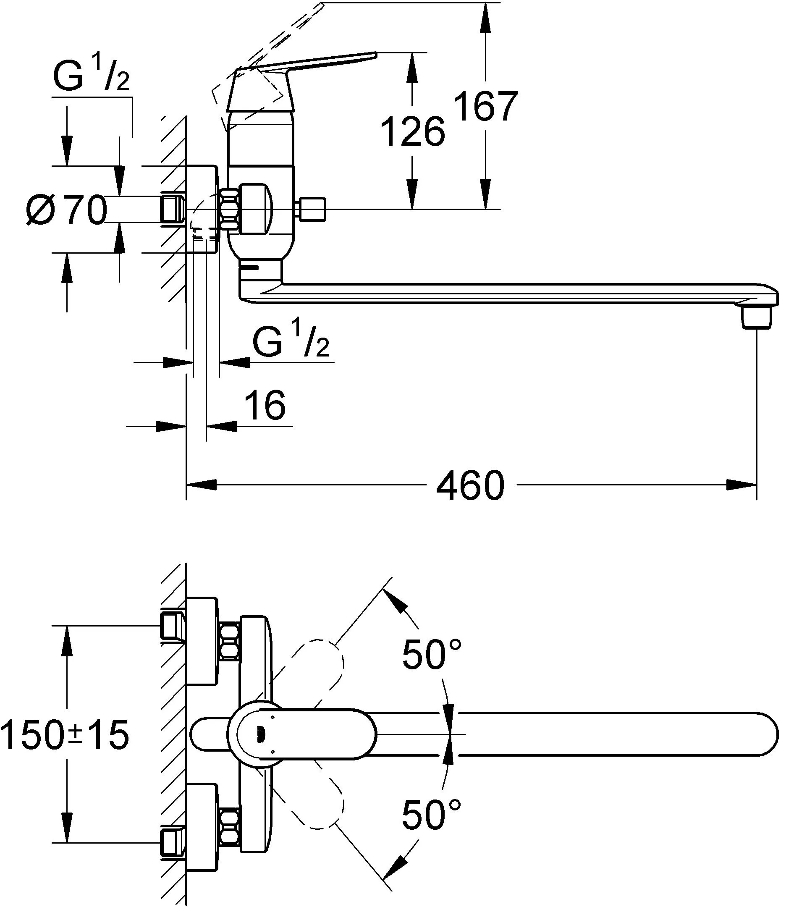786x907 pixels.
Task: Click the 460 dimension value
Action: click(x=470, y=485)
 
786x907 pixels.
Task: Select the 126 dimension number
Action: click(x=413, y=131)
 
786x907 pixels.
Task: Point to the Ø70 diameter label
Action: click(x=66, y=210)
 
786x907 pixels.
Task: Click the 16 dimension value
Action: click(x=265, y=405)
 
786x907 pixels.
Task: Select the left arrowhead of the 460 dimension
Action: click(x=202, y=485)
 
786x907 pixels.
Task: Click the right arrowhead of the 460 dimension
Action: click(x=741, y=485)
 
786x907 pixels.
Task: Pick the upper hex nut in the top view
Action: click(x=230, y=641)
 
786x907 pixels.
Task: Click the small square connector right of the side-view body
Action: click(x=312, y=209)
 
